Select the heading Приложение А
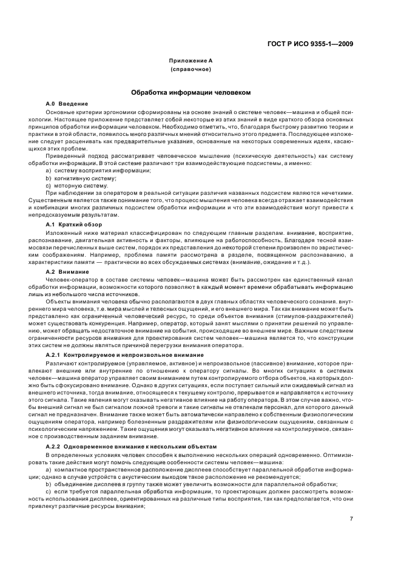pos(190,61)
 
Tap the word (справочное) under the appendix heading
pos(190,70)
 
